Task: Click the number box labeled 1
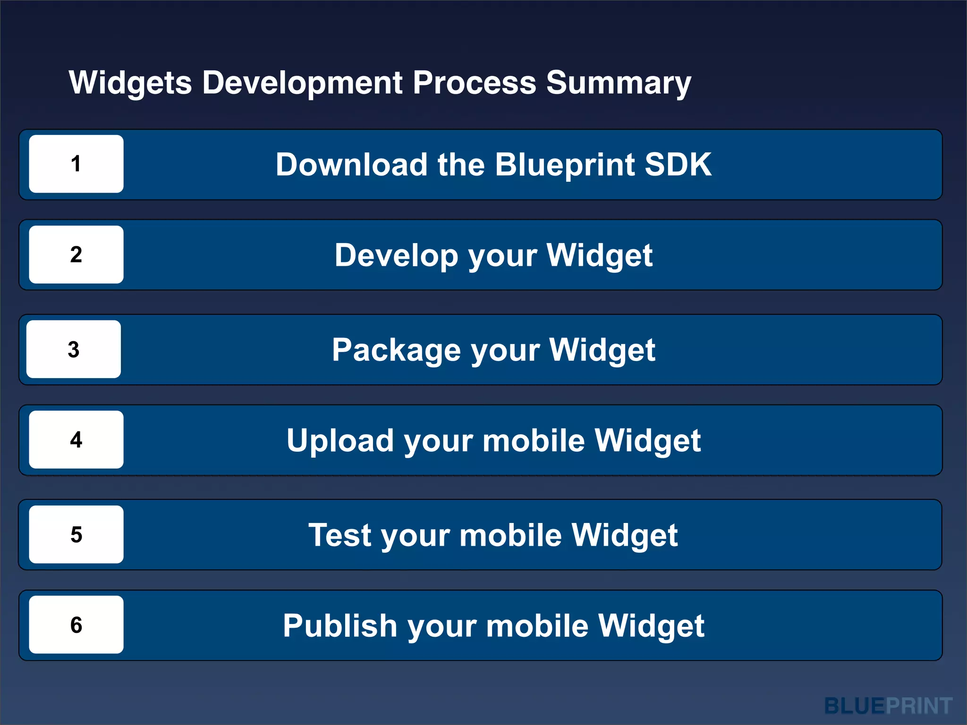76,164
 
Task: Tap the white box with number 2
76,254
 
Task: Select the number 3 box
74,349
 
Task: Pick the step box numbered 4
76,439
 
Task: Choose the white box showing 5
76,534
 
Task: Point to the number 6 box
76,624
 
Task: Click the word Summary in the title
619,84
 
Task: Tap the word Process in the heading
475,83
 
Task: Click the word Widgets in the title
130,84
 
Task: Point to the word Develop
396,256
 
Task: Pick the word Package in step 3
396,351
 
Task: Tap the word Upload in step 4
340,441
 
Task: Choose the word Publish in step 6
340,626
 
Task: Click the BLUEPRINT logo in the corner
888,706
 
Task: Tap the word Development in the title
302,84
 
